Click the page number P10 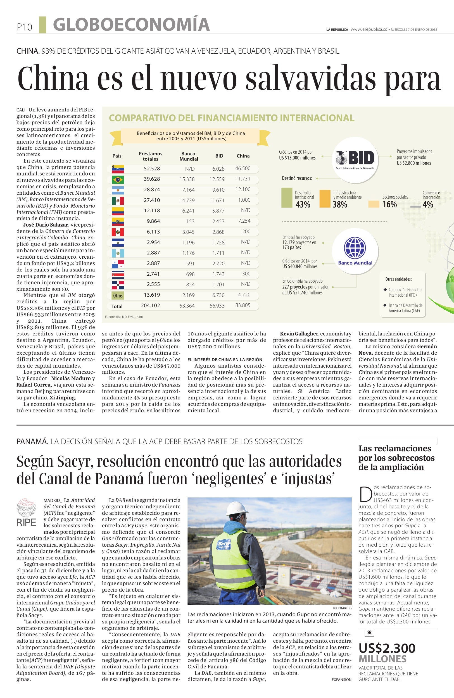pos(24,27)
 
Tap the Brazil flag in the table pos(118,180)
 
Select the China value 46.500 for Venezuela pos(243,168)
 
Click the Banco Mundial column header pos(189,156)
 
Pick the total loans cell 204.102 pos(151,305)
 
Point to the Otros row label pos(118,295)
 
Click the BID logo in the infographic pos(355,159)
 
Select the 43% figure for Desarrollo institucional pos(303,204)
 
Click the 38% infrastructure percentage pos(340,204)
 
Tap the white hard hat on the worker pos(237,508)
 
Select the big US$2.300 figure pos(387,648)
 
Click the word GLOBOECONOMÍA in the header pos(131,25)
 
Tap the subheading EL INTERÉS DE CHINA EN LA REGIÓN pos(225,359)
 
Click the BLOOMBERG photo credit pos(342,608)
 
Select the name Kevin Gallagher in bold pos(299,334)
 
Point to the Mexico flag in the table pos(118,201)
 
